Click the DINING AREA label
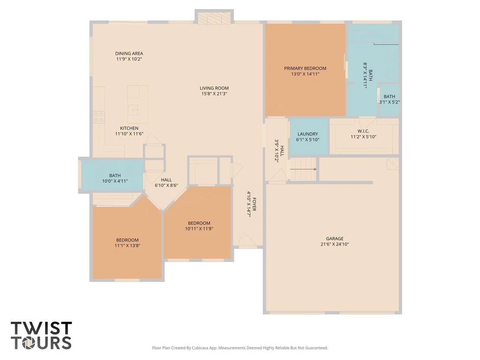click(129, 54)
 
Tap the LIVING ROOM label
click(214, 88)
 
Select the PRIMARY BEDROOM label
click(305, 68)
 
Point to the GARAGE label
click(334, 238)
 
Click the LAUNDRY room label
click(308, 134)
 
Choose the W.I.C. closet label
click(363, 131)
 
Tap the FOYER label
click(254, 204)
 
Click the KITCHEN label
click(129, 128)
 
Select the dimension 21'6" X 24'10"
click(334, 244)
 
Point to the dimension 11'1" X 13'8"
click(127, 246)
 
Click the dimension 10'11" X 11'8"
click(199, 229)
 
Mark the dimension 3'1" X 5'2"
click(389, 102)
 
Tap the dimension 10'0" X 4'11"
click(115, 181)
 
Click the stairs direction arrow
click(303, 169)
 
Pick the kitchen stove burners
click(99, 117)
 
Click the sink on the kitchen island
click(133, 110)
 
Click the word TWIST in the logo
click(41, 328)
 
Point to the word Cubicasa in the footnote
click(200, 348)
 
